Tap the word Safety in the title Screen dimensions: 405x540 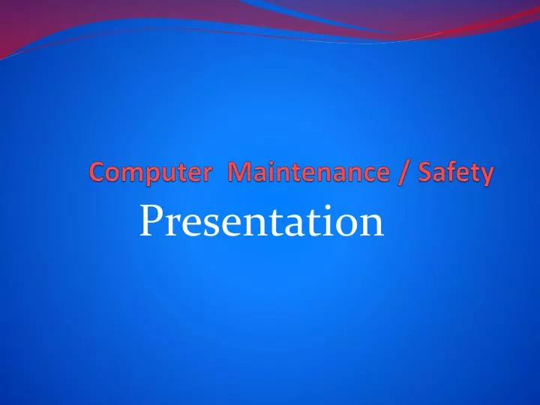[457, 174]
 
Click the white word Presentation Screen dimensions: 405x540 [261, 222]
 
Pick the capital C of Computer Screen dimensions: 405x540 [97, 174]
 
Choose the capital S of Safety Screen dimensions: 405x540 [427, 174]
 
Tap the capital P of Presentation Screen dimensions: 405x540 [152, 222]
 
